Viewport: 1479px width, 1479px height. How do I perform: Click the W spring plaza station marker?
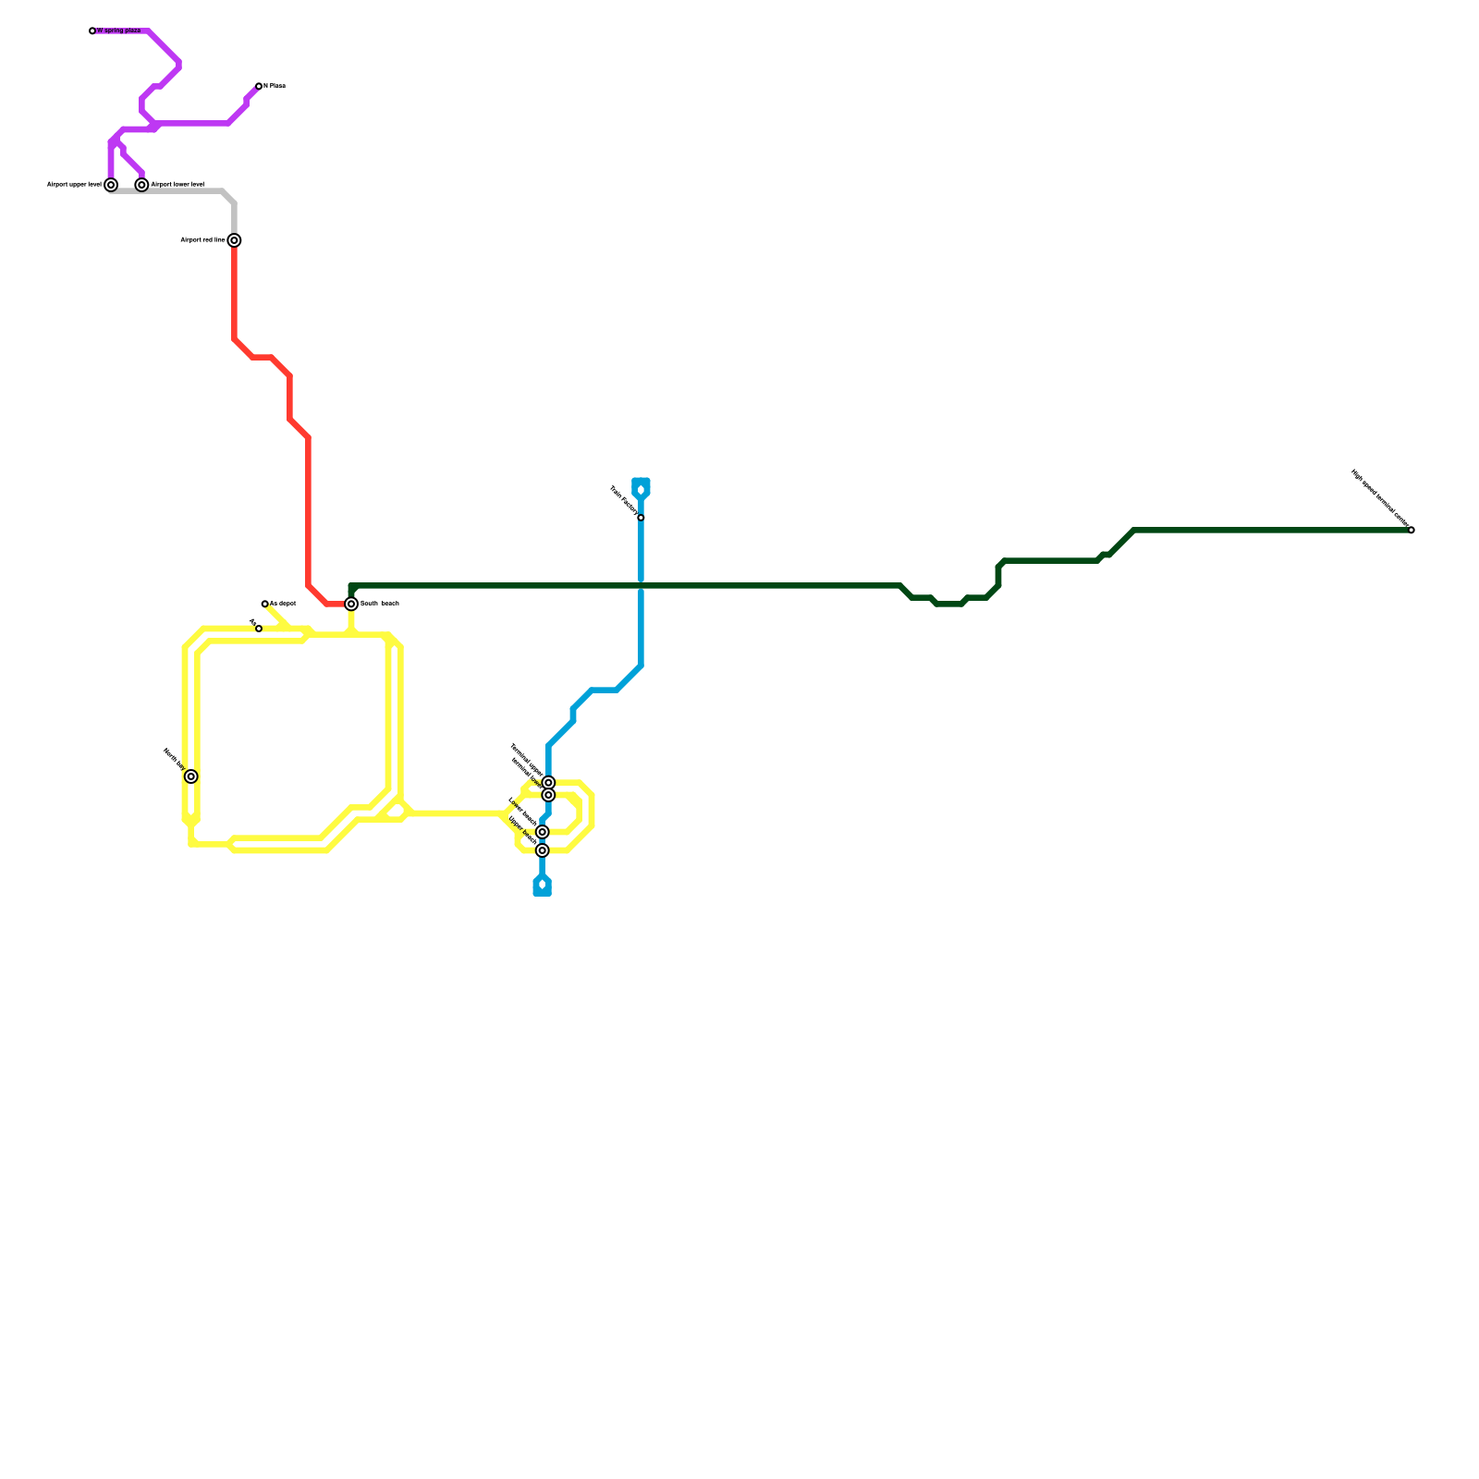pos(92,31)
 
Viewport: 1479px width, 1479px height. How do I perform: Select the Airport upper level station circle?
pos(111,185)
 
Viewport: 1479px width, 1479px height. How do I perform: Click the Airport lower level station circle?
pos(141,185)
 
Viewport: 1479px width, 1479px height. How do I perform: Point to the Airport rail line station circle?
pos(235,240)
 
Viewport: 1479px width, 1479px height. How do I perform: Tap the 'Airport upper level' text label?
pos(74,185)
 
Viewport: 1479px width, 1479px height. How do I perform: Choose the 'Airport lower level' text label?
pos(177,185)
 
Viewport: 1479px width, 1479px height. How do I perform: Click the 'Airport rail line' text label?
pos(202,240)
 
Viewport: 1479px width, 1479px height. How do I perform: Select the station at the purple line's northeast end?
pos(259,86)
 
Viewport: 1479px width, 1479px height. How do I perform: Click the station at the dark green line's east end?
pos(1411,530)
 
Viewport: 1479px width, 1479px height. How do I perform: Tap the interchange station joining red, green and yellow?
pos(351,604)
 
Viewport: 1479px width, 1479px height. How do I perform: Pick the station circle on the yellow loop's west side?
pos(190,776)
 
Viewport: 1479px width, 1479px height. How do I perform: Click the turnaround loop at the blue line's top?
pos(641,488)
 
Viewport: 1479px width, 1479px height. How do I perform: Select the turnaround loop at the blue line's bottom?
pos(543,886)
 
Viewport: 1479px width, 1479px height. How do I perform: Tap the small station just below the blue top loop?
pos(641,518)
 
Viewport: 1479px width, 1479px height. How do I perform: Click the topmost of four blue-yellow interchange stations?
pos(548,783)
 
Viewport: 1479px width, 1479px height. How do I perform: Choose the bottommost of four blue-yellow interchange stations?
pos(543,850)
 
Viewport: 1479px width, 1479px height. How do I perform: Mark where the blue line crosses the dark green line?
pos(641,585)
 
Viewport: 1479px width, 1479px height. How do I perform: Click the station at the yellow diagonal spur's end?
pos(265,604)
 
